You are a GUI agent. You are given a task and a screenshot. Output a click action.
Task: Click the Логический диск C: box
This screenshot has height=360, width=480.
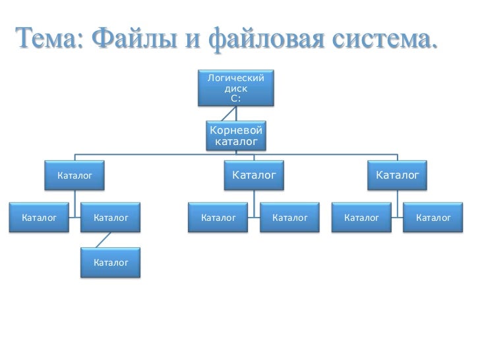[236, 88]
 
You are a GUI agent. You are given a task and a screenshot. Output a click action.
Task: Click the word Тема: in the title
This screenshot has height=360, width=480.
[49, 42]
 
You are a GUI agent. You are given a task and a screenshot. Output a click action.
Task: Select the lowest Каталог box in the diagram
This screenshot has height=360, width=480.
[110, 263]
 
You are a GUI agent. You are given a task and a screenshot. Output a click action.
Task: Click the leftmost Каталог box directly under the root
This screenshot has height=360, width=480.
[74, 176]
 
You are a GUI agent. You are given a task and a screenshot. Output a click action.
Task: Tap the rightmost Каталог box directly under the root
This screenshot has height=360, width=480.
[397, 176]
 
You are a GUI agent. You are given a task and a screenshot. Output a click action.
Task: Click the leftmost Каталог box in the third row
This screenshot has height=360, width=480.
[38, 216]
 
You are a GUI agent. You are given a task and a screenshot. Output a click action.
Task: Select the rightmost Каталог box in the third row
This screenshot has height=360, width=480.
[433, 216]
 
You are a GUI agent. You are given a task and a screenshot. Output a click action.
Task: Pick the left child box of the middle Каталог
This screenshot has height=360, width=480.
[218, 216]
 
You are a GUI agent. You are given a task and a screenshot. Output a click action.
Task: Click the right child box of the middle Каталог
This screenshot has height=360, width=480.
[290, 216]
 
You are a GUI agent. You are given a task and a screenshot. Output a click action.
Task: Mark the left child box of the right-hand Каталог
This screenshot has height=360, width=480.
[361, 216]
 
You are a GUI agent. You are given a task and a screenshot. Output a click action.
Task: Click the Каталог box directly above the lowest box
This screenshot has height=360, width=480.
[110, 216]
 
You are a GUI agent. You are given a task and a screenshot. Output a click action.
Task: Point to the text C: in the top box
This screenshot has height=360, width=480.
[236, 98]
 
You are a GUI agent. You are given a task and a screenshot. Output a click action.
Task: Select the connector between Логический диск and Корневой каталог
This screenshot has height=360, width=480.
[236, 112]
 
